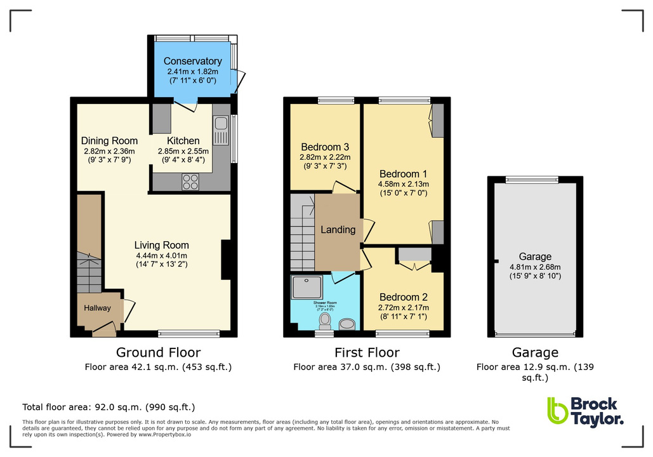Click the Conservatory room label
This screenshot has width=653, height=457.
click(192, 61)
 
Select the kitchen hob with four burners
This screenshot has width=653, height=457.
click(190, 182)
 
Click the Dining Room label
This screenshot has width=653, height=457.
click(109, 141)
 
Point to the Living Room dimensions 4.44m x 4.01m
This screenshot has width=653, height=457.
click(161, 256)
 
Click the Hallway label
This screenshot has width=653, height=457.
click(98, 308)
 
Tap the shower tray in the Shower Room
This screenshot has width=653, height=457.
click(307, 289)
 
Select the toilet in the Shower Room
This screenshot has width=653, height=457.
click(326, 319)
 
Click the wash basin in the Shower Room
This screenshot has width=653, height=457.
click(347, 324)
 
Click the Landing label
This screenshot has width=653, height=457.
click(338, 230)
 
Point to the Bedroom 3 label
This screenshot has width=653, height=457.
click(325, 147)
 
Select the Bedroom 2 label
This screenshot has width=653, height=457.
click(403, 297)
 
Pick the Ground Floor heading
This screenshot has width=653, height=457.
click(158, 353)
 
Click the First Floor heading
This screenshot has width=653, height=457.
click(367, 353)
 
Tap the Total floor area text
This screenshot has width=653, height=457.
click(109, 407)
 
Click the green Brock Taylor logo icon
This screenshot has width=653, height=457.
click(557, 411)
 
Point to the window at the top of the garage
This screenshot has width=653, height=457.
click(532, 180)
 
